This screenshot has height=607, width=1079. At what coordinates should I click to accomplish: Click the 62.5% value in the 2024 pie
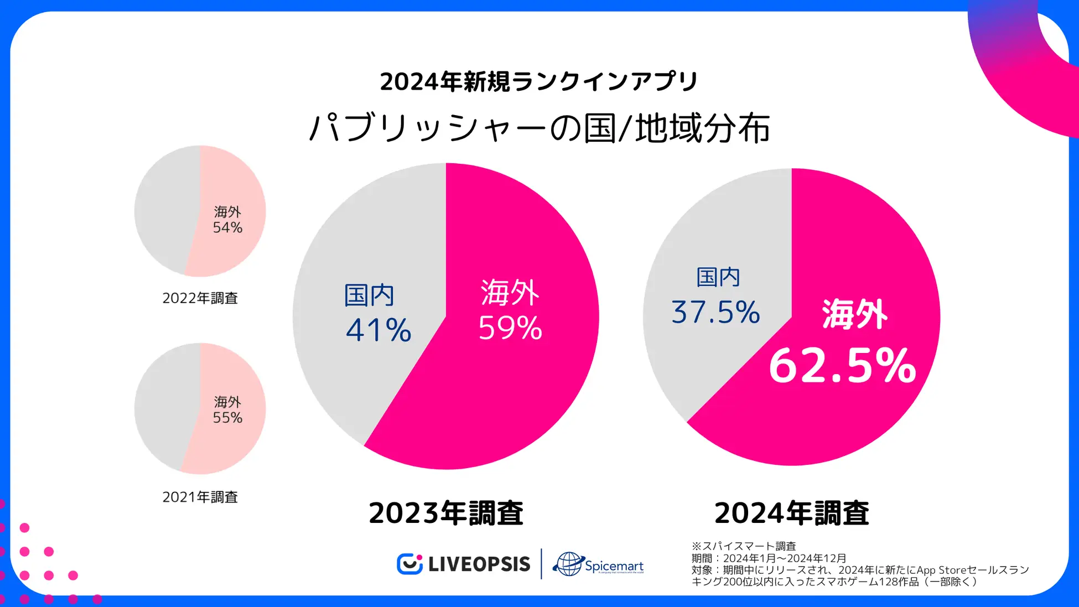[842, 366]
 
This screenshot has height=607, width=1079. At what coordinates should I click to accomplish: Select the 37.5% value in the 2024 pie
[715, 312]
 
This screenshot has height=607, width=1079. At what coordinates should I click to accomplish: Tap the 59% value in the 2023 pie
[510, 328]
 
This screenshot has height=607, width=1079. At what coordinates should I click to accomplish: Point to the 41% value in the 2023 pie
[378, 330]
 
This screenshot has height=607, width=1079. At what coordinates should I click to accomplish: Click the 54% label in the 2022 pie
[227, 227]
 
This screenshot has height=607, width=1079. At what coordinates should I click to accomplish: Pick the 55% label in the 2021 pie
[227, 418]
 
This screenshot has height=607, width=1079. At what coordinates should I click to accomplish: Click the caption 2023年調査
[446, 513]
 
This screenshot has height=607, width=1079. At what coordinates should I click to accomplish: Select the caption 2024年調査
[792, 513]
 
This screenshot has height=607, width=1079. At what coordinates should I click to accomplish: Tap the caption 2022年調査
[200, 298]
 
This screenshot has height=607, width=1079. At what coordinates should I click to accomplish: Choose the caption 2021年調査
[200, 497]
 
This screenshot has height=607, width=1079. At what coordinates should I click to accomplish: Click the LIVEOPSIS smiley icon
[409, 564]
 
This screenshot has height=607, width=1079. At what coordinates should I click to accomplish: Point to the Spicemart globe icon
[568, 564]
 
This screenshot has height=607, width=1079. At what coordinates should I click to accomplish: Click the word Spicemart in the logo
[614, 566]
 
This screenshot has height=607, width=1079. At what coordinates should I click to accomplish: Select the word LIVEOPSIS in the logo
[479, 564]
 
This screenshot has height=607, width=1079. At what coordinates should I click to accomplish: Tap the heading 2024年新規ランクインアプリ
[539, 82]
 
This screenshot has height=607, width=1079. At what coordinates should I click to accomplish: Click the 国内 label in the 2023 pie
[369, 295]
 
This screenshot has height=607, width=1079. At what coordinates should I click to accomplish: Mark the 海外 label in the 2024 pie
[855, 314]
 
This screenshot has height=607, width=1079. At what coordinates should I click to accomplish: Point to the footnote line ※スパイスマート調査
[744, 546]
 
